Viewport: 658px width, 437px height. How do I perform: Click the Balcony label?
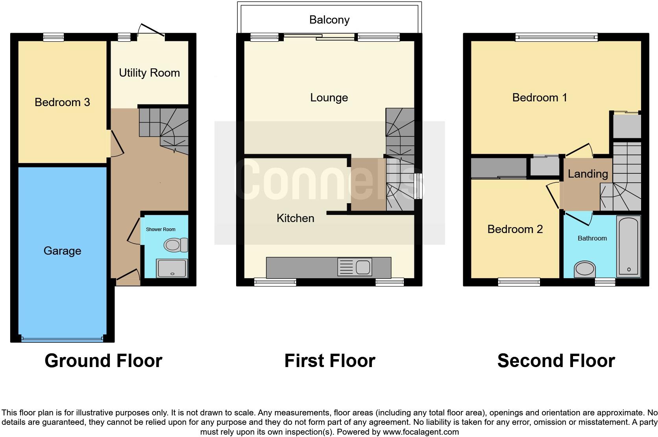[329, 20]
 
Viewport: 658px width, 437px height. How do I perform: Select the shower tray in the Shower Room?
[172, 268]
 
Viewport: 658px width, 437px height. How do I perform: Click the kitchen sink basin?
[363, 267]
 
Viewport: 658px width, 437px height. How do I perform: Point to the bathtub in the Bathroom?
[628, 246]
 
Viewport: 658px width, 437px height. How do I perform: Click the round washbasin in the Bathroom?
[585, 269]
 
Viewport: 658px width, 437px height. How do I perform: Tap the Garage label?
[62, 251]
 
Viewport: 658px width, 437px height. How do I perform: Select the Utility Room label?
[149, 73]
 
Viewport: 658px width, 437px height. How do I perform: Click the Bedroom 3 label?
[62, 102]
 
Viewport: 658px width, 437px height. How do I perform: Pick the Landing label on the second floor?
[588, 174]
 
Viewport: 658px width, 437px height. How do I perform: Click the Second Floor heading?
[556, 360]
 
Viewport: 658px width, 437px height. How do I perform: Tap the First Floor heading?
[329, 360]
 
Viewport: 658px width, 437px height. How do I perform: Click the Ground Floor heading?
[103, 360]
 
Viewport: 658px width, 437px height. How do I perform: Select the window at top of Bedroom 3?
[53, 37]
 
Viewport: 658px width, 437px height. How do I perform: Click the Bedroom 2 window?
[519, 281]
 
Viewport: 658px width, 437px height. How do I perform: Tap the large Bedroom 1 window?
[556, 37]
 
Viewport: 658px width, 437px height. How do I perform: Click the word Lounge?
[329, 97]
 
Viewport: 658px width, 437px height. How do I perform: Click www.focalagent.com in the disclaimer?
[421, 432]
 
